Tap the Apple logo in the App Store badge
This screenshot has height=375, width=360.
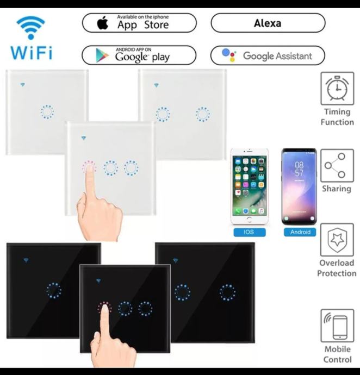pyautogui.click(x=103, y=23)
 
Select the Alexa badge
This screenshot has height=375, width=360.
pyautogui.click(x=268, y=23)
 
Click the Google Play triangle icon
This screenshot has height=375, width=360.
pyautogui.click(x=102, y=55)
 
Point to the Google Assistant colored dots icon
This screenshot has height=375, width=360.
pyautogui.click(x=229, y=55)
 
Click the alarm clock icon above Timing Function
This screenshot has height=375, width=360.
pyautogui.click(x=337, y=88)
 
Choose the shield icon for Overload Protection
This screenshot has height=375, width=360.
pyautogui.click(x=337, y=240)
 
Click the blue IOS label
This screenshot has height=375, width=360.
pyautogui.click(x=250, y=232)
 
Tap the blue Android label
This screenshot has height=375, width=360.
pyautogui.click(x=300, y=232)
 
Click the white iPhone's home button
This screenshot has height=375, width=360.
pyautogui.click(x=250, y=219)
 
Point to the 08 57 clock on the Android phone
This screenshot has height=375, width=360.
pyautogui.click(x=299, y=169)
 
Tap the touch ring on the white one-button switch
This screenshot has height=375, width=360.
pyautogui.click(x=47, y=112)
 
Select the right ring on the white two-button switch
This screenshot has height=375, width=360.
pyautogui.click(x=203, y=114)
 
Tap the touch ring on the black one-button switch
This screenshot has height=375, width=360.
pyautogui.click(x=54, y=291)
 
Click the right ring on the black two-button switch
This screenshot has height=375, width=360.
pyautogui.click(x=227, y=292)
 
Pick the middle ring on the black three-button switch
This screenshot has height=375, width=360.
pyautogui.click(x=125, y=309)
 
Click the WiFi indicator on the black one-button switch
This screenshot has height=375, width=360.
pyautogui.click(x=26, y=260)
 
